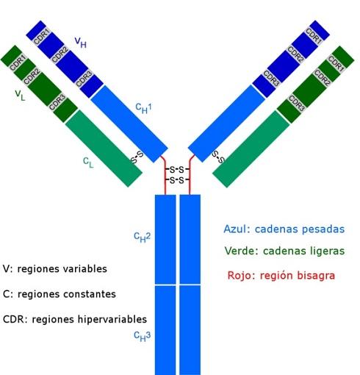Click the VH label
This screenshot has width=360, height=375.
pyautogui.click(x=81, y=42)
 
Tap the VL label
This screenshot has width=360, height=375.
pyautogui.click(x=20, y=95)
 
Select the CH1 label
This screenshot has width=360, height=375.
pyautogui.click(x=144, y=108)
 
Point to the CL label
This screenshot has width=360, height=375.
pyautogui.click(x=88, y=162)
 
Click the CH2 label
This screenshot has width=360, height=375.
pyautogui.click(x=142, y=237)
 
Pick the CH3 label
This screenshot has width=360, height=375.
pyautogui.click(x=142, y=336)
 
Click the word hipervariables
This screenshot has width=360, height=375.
pyautogui.click(x=112, y=319)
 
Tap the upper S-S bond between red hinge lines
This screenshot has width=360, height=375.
pyautogui.click(x=177, y=169)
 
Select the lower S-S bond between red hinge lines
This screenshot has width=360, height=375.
pyautogui.click(x=177, y=180)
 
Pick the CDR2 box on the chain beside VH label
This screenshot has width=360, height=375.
pyautogui.click(x=60, y=55)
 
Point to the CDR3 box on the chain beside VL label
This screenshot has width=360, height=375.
pyautogui.click(x=57, y=102)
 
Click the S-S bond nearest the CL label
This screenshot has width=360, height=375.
pyautogui.click(x=137, y=157)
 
